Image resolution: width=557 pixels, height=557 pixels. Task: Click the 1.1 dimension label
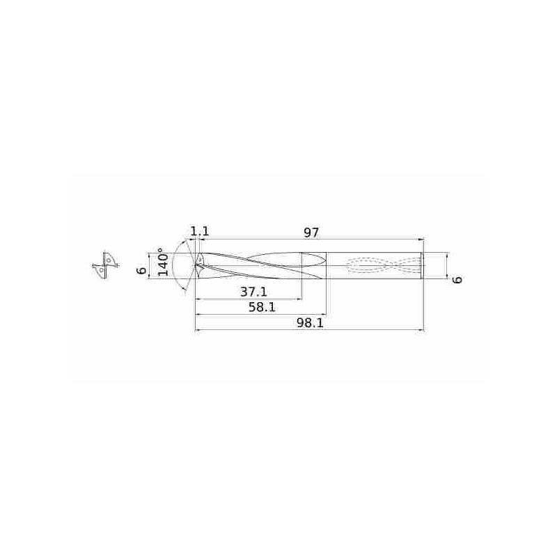[200, 231]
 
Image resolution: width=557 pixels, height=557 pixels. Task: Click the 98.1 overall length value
[311, 324]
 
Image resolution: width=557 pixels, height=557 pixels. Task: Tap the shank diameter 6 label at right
[457, 279]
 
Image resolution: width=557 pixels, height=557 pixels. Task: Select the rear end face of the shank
[423, 265]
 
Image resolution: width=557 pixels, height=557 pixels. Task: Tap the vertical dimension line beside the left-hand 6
[149, 265]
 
